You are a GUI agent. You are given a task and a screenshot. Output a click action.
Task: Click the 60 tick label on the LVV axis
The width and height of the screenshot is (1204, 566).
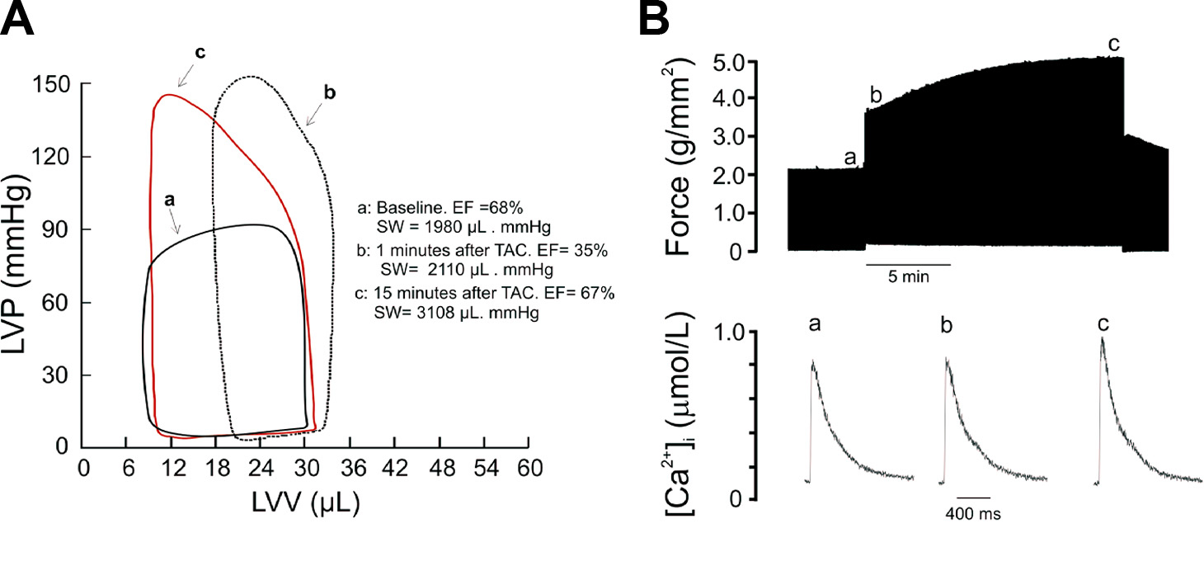point(528,469)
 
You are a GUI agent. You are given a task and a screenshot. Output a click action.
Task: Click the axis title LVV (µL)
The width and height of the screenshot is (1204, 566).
point(305,502)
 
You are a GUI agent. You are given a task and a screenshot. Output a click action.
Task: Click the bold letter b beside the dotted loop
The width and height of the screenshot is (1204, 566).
point(330,92)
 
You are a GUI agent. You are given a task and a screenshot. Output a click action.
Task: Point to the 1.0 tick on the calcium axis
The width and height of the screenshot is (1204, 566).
point(755,331)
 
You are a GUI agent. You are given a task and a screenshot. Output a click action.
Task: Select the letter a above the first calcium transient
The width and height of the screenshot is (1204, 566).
point(815,325)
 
